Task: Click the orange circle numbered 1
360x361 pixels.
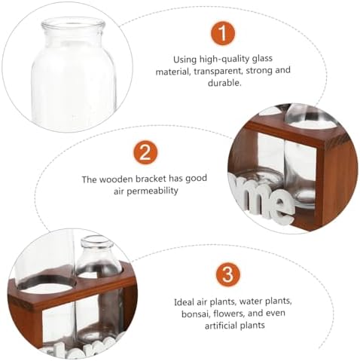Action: click(x=223, y=33)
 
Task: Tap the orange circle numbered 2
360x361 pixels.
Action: click(x=145, y=153)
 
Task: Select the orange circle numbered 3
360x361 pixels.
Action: click(x=228, y=275)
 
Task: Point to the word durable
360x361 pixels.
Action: click(x=224, y=83)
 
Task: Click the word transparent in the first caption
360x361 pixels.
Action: click(x=218, y=72)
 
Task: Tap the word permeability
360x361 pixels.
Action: click(x=152, y=191)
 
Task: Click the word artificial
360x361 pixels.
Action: click(x=220, y=326)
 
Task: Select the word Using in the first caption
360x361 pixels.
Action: click(x=185, y=60)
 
